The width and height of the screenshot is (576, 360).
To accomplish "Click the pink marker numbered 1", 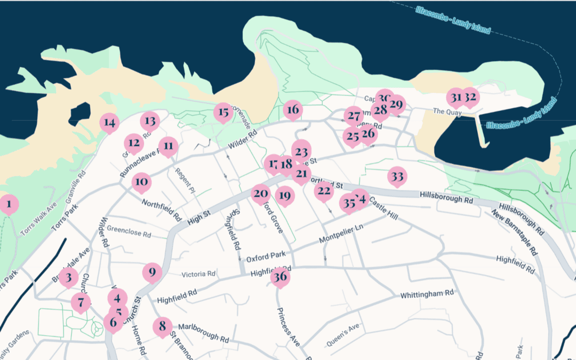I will pyautogui.click(x=8, y=204).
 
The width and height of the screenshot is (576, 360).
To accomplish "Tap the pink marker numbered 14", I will pyautogui.click(x=109, y=123).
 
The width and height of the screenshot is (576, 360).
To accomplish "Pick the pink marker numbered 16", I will pyautogui.click(x=292, y=110).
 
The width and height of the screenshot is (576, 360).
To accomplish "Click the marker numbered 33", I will pyautogui.click(x=397, y=177).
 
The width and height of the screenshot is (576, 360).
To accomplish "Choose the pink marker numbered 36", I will pyautogui.click(x=280, y=277).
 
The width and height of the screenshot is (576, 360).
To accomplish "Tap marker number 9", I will pyautogui.click(x=152, y=273).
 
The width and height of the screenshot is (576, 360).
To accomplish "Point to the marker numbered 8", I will pyautogui.click(x=163, y=326).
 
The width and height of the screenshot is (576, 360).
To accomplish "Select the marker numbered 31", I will pyautogui.click(x=455, y=98).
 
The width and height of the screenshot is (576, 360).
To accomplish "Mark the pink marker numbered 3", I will pyautogui.click(x=69, y=277).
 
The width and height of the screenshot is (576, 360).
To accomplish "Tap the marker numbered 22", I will pyautogui.click(x=323, y=191).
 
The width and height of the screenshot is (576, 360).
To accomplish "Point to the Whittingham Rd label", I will pyautogui.click(x=427, y=294).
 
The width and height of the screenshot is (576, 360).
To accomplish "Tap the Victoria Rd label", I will pyautogui.click(x=198, y=274).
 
